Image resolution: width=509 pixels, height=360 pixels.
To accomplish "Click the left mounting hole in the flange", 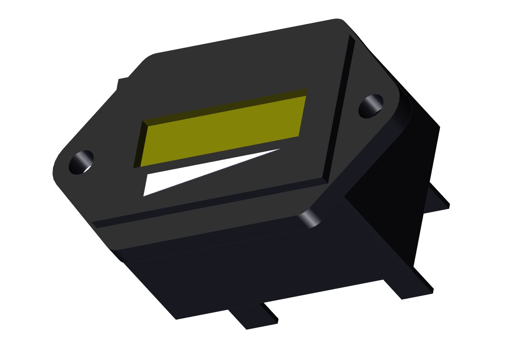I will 81,162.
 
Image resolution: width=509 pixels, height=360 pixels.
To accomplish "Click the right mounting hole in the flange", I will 371,106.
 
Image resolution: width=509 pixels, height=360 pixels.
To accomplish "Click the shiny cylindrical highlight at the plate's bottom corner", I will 310,219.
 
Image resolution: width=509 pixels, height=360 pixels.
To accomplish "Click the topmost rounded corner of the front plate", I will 338,21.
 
